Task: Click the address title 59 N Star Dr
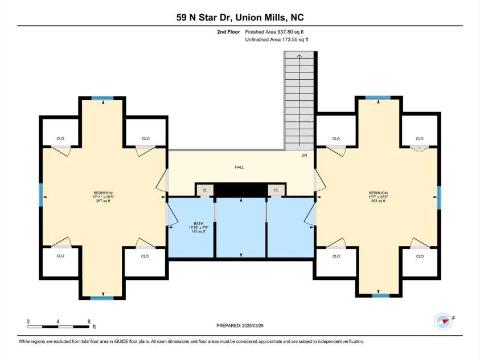(x=239, y=17)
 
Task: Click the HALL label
(x=240, y=167)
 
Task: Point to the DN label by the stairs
(x=305, y=155)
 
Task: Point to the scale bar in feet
(x=58, y=326)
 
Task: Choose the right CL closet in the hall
(x=277, y=190)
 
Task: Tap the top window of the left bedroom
(x=102, y=98)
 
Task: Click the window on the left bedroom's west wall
(x=41, y=195)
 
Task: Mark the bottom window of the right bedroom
(x=380, y=296)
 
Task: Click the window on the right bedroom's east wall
(x=438, y=197)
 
